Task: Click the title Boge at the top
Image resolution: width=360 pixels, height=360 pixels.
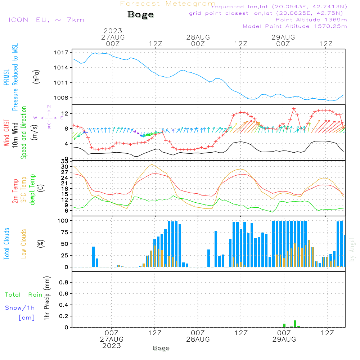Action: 140,15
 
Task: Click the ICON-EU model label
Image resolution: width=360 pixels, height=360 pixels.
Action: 46,20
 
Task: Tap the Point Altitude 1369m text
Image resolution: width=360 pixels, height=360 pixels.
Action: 311,19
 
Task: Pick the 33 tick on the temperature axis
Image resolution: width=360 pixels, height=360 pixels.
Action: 64,161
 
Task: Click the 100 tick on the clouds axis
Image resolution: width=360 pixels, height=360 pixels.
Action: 63,220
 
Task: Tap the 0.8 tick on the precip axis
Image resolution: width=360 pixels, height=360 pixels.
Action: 64,282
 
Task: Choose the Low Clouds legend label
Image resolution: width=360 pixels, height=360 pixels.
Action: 24,243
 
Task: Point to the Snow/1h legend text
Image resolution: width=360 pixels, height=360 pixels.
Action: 20,308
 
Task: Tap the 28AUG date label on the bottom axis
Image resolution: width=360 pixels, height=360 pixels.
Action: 198,339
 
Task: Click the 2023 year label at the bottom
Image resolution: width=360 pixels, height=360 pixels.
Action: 112,346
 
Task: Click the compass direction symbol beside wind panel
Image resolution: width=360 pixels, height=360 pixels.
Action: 49,117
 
